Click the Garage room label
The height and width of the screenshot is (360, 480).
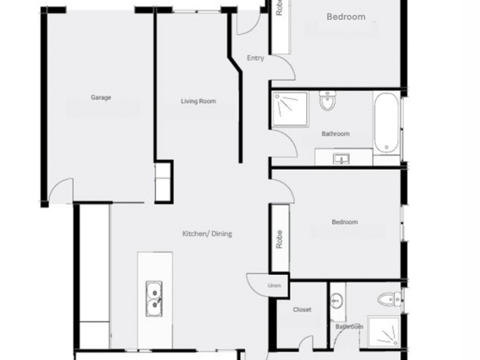click(x=101, y=97)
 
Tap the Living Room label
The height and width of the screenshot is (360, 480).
click(x=198, y=101)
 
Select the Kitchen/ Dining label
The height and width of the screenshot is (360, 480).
click(x=207, y=233)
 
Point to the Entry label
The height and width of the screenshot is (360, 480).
click(x=256, y=58)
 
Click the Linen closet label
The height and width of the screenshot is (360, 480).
click(x=274, y=286)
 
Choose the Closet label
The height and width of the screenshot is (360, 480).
click(x=302, y=310)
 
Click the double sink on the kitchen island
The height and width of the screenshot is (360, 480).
click(x=154, y=298)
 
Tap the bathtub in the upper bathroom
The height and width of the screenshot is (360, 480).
click(x=386, y=122)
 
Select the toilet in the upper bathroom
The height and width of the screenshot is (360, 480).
click(x=328, y=100)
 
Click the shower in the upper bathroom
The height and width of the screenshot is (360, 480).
click(x=290, y=109)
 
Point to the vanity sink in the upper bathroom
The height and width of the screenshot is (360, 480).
click(x=341, y=159)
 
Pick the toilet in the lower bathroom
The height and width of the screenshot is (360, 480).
click(x=389, y=299)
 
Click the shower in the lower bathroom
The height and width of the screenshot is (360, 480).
click(x=384, y=332)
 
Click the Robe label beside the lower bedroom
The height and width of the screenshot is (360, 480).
click(x=279, y=239)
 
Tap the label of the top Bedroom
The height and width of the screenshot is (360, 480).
click(x=346, y=17)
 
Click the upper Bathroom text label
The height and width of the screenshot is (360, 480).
click(x=335, y=134)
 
